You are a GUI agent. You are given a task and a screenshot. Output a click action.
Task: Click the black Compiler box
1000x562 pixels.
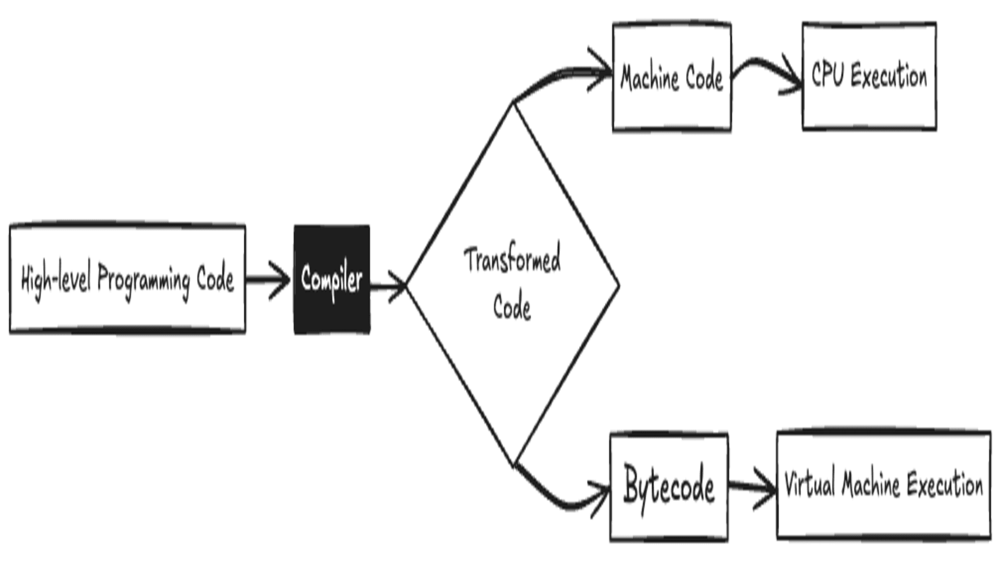pos(332,279)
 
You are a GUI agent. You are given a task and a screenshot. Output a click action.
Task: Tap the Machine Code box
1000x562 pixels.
pos(672,77)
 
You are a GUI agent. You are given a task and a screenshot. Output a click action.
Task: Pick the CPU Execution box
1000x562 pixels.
pos(869,76)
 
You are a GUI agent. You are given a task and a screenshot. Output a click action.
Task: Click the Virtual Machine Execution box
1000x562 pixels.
pos(883,485)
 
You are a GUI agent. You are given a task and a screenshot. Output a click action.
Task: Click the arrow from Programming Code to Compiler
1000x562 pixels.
pos(267,280)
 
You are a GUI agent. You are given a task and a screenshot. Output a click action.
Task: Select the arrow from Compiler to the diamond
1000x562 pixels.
pos(386,285)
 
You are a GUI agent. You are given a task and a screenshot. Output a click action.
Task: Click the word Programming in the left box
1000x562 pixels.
pos(144,279)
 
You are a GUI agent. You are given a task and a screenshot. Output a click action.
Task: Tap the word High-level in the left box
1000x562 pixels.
pos(56,279)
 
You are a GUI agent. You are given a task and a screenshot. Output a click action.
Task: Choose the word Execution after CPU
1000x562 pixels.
pos(889,76)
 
